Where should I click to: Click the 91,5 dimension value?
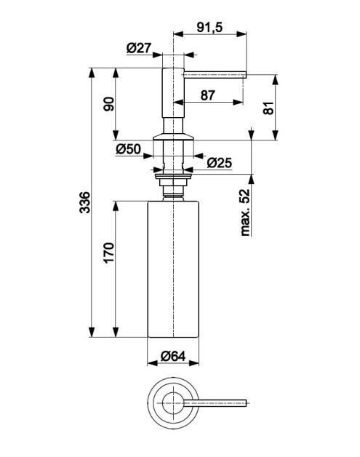click(209, 27)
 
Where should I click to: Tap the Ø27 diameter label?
click(139, 48)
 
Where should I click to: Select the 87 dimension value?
click(208, 95)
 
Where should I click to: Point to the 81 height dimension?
click(268, 108)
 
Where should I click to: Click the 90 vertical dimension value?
click(109, 104)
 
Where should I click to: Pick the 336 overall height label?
click(85, 202)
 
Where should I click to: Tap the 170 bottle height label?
click(109, 253)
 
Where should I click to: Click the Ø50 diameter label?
click(129, 149)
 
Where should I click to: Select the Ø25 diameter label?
click(220, 163)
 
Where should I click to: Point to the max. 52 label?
click(245, 212)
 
